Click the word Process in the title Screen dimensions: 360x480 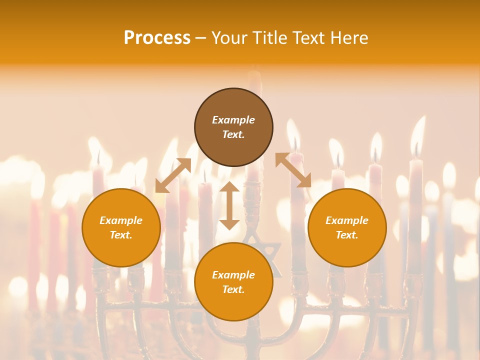(x=157, y=37)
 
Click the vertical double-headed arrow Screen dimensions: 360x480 (x=229, y=205)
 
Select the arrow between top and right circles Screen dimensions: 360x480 (x=293, y=170)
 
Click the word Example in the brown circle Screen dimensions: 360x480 (x=233, y=120)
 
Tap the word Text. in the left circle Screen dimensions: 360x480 (x=121, y=235)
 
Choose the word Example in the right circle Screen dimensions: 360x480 (x=347, y=220)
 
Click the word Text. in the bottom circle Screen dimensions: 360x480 (x=233, y=289)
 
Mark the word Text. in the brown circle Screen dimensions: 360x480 (x=233, y=134)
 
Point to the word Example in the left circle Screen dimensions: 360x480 (x=121, y=220)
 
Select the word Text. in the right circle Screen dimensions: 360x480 (x=347, y=235)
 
